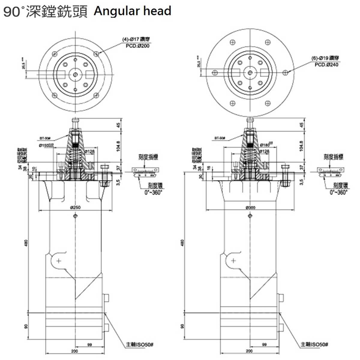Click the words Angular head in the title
click(132, 11)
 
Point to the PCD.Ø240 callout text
click(326, 65)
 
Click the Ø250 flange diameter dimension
click(75, 207)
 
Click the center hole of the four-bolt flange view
click(76, 74)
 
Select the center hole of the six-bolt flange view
click(250, 72)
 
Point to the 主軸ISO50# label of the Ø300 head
click(314, 344)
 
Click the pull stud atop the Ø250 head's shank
click(75, 122)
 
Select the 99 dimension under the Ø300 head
click(264, 345)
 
